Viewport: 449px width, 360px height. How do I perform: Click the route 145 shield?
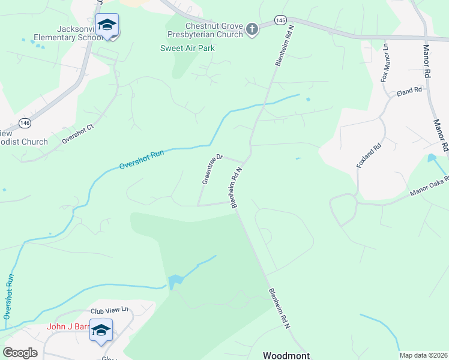pos(280,20)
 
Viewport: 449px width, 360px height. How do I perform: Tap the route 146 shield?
pos(25,123)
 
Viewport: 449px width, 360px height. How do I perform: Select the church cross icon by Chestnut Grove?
pos(253,29)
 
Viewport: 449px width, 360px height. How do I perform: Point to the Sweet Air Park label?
pos(187,48)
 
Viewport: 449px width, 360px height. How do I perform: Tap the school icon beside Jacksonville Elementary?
pos(107,25)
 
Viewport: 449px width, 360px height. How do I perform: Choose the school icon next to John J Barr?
pos(101,330)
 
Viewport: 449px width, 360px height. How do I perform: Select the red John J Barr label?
pos(68,327)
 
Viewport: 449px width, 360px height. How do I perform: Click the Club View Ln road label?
pos(110,310)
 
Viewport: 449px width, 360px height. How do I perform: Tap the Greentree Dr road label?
pos(212,169)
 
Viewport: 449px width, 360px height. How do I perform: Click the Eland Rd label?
pos(409,91)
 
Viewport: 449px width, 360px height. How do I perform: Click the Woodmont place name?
pos(286,355)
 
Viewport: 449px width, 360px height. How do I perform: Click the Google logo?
pos(20,353)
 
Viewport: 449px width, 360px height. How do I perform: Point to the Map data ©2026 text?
pos(423,355)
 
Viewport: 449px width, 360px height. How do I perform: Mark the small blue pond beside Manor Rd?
pos(432,158)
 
